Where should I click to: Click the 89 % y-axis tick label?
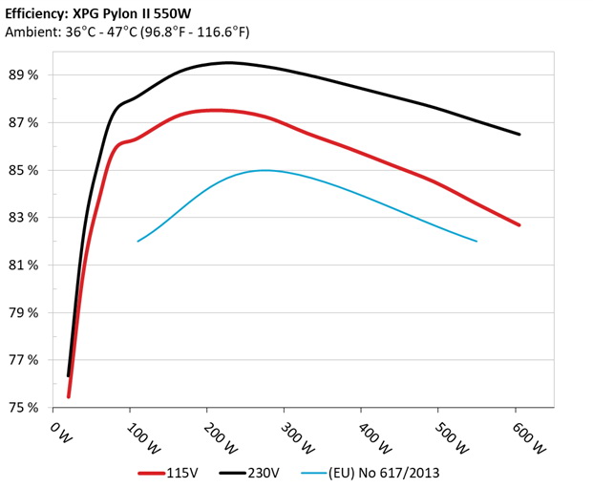pyautogui.click(x=24, y=75)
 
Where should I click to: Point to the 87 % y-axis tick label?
pyautogui.click(x=24, y=123)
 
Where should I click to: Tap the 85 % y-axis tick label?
pyautogui.click(x=24, y=170)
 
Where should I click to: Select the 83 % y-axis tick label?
pyautogui.click(x=24, y=218)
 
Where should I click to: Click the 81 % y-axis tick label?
pyautogui.click(x=24, y=265)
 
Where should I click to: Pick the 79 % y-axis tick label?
pyautogui.click(x=24, y=313)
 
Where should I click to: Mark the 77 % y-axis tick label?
pyautogui.click(x=24, y=360)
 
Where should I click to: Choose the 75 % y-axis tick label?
pyautogui.click(x=24, y=408)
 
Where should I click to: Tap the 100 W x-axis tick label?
pyautogui.click(x=134, y=435)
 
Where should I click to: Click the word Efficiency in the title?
pyautogui.click(x=38, y=14)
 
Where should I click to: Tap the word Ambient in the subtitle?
pyautogui.click(x=30, y=32)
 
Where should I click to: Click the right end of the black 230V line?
pyautogui.click(x=519, y=135)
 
